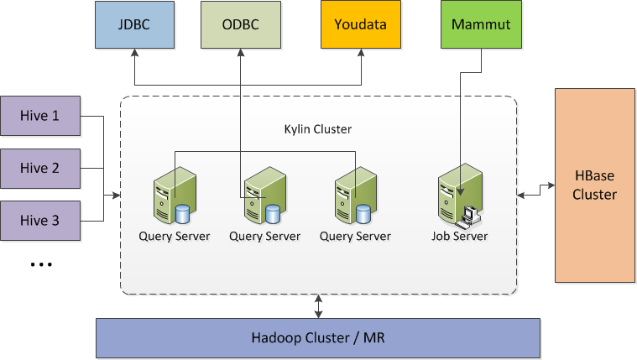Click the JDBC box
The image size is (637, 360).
click(135, 24)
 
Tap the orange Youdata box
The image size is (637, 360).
click(360, 24)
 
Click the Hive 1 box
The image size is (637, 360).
click(40, 116)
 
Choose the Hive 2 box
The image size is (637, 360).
click(40, 168)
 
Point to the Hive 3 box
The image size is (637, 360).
click(40, 221)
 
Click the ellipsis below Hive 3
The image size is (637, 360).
click(40, 264)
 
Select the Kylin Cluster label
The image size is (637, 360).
click(317, 129)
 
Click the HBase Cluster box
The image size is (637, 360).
click(595, 185)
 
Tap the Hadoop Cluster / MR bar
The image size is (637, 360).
click(318, 338)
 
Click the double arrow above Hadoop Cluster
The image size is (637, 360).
click(318, 306)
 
